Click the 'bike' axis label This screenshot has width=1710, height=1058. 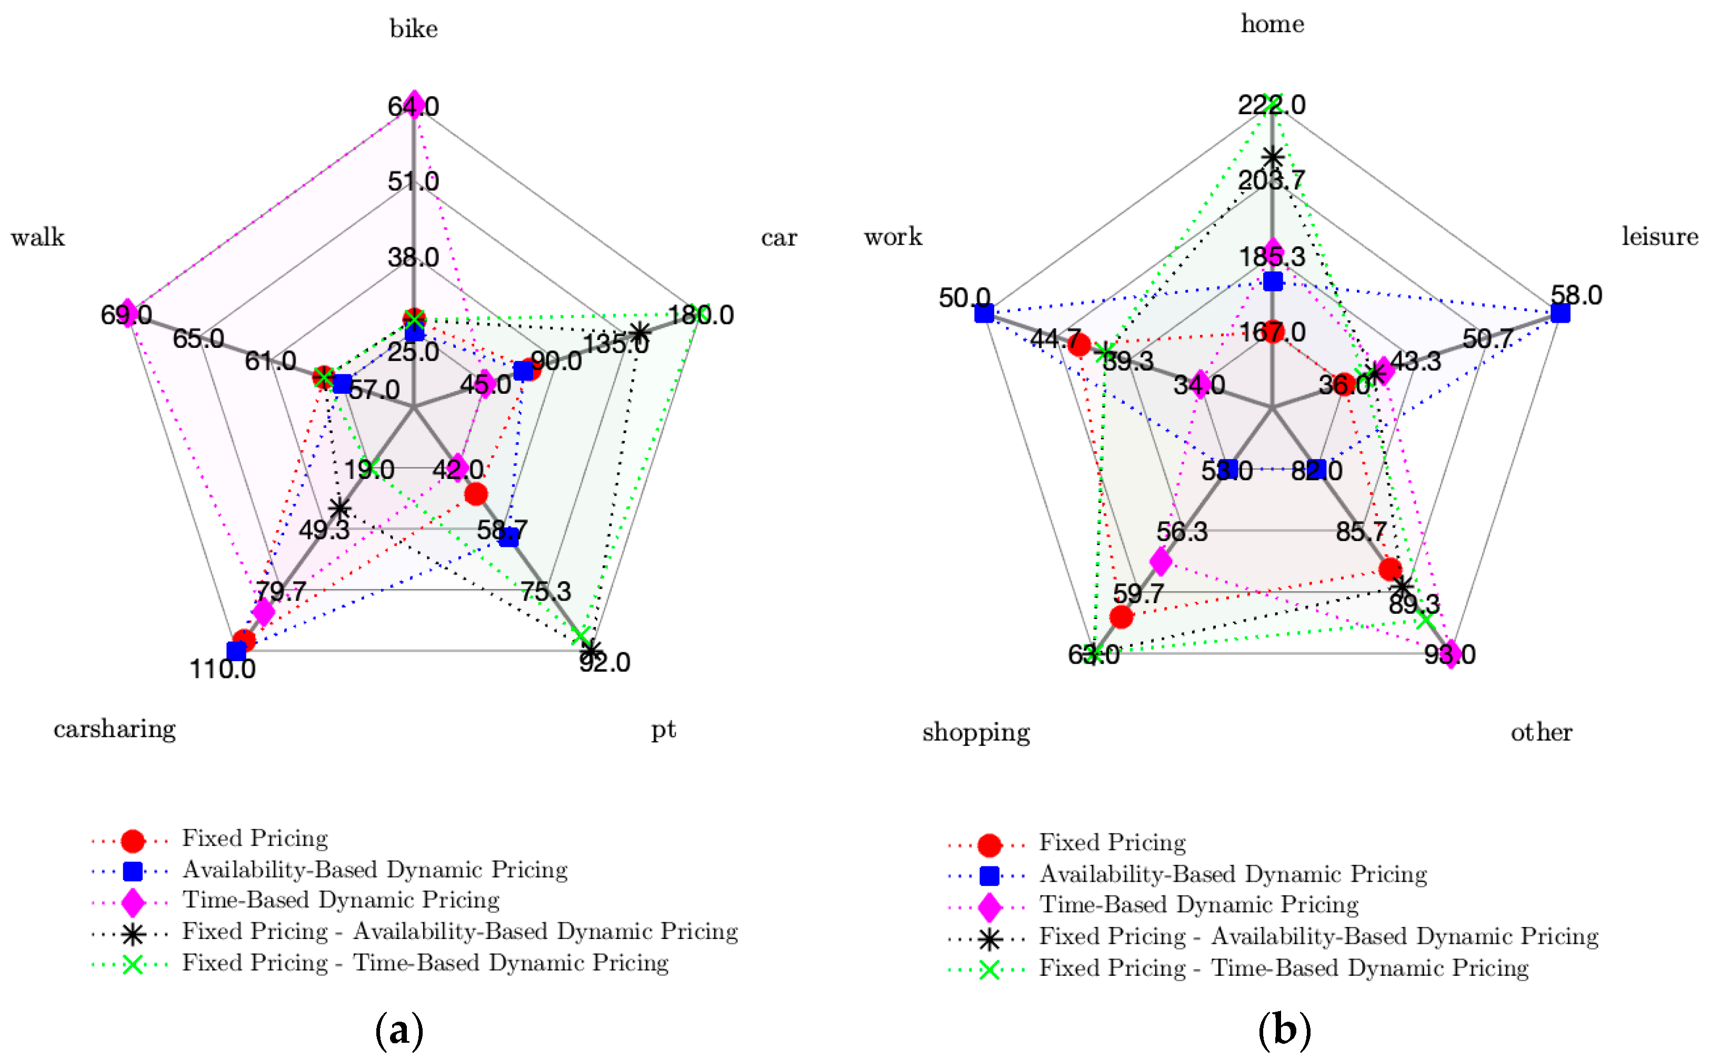414,29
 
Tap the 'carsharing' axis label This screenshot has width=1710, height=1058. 115,729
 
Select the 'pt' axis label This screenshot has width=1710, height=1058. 663,729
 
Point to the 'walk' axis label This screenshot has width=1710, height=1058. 38,238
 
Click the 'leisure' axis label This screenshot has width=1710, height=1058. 1659,236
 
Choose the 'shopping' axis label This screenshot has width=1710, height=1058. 975,732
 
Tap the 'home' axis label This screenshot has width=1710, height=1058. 1272,24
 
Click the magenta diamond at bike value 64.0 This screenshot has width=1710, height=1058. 414,105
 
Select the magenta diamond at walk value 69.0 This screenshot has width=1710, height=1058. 127,313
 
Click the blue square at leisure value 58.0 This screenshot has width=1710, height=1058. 1559,313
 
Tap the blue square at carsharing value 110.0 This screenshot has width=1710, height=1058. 236,651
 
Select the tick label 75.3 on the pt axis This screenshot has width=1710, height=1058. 545,592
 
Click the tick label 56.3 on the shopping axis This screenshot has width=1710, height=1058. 1182,532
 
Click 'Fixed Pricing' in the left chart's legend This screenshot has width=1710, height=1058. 255,839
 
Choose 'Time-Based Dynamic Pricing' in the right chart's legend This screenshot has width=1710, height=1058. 1198,904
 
